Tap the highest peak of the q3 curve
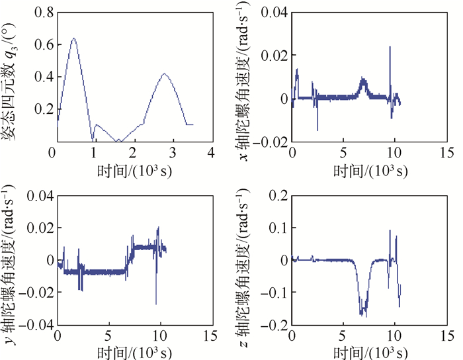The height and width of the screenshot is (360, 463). click(x=73, y=38)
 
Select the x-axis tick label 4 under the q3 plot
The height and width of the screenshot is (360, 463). click(x=211, y=153)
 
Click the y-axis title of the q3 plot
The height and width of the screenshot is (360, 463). click(x=13, y=76)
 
